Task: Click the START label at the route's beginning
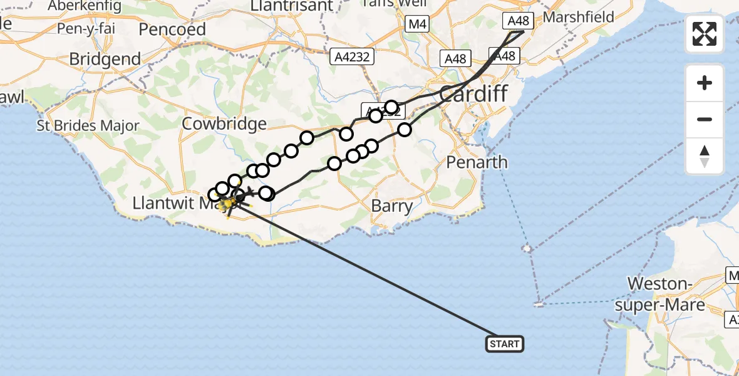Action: (x=504, y=343)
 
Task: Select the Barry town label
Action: (x=392, y=206)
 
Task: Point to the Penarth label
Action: (x=477, y=162)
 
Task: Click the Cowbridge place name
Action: (x=224, y=123)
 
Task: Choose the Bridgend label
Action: (x=105, y=59)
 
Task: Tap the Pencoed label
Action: (x=172, y=29)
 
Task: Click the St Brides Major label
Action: (x=88, y=125)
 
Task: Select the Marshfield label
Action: (x=578, y=17)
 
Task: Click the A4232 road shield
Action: (x=353, y=57)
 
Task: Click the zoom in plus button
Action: (x=705, y=83)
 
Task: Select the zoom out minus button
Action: (x=705, y=119)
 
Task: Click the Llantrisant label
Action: (x=291, y=5)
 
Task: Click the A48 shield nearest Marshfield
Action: (x=519, y=21)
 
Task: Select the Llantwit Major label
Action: (x=173, y=204)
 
